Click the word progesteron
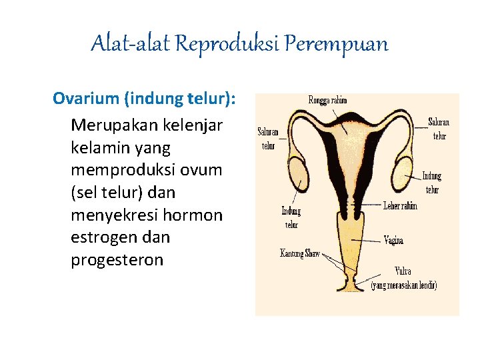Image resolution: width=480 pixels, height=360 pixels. pyautogui.click(x=117, y=260)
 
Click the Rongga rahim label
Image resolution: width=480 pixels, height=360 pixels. pyautogui.click(x=327, y=100)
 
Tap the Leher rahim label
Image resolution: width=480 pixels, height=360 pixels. pyautogui.click(x=401, y=206)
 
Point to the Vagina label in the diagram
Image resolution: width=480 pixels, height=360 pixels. pyautogui.click(x=393, y=240)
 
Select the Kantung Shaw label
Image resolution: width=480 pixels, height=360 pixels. pyautogui.click(x=300, y=253)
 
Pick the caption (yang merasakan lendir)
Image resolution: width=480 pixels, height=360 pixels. pyautogui.click(x=404, y=285)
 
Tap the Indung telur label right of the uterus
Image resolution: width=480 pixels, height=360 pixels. pyautogui.click(x=431, y=183)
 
